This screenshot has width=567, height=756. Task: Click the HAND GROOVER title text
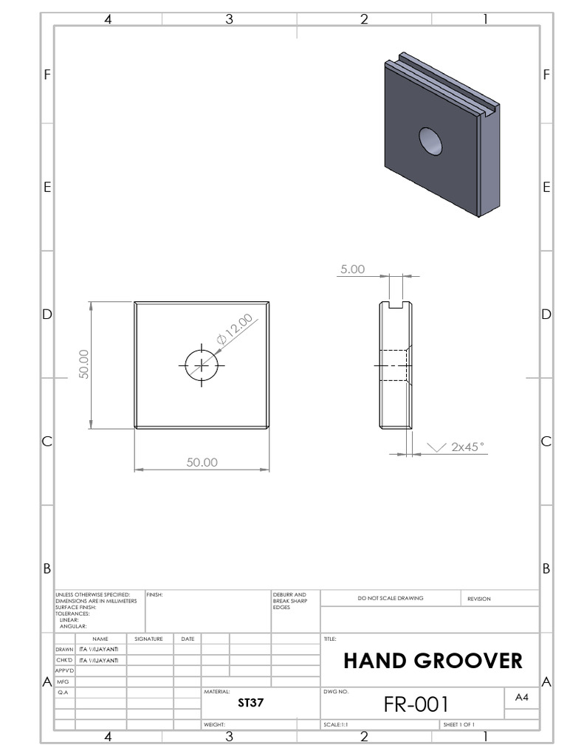pos(433,661)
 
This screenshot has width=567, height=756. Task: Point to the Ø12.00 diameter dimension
pos(235,329)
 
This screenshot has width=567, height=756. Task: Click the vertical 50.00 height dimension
pos(83,364)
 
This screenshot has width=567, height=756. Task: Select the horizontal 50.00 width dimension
pos(202,462)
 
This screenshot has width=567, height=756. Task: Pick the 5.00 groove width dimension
pos(351,270)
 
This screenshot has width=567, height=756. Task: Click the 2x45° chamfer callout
pos(467,447)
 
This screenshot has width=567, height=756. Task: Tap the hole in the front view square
pos(202,365)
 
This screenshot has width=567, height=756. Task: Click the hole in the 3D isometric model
pos(430,140)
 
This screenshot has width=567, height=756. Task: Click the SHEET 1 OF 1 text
pos(458,725)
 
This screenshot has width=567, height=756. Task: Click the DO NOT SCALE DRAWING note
pos(391,598)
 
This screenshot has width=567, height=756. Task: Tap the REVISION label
pos(478,599)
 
